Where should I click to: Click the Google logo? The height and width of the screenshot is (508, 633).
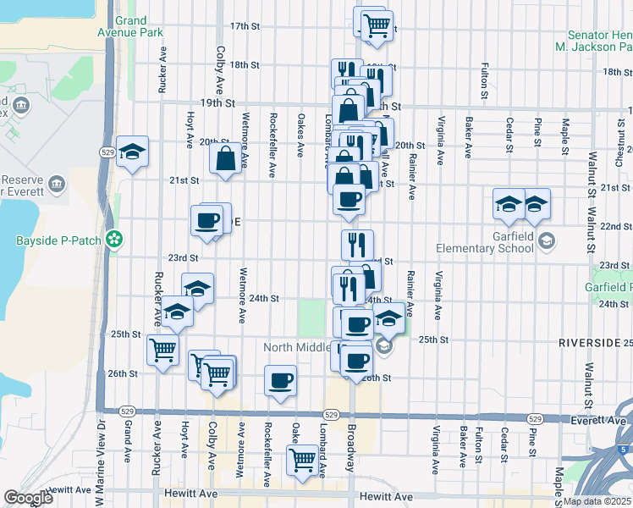click(x=28, y=498)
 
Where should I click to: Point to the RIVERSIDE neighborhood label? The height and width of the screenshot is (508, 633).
click(x=589, y=342)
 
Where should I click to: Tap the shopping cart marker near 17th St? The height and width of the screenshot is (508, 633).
click(x=376, y=25)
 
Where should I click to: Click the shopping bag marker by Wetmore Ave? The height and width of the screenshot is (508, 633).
click(x=226, y=158)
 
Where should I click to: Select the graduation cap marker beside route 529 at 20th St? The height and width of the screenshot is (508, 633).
click(x=133, y=152)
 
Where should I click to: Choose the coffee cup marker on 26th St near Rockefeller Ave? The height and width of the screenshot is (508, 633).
click(x=280, y=381)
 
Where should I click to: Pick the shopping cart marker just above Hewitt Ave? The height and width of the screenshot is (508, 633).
click(x=302, y=461)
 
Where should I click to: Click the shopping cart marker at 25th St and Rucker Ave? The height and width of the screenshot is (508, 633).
click(x=162, y=349)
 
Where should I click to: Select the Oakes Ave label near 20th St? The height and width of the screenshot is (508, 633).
click(x=300, y=134)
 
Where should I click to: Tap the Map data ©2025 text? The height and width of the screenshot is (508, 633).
click(x=596, y=501)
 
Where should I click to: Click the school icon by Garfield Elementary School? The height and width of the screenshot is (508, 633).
click(x=546, y=241)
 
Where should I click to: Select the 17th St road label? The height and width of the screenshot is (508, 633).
click(x=244, y=26)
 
